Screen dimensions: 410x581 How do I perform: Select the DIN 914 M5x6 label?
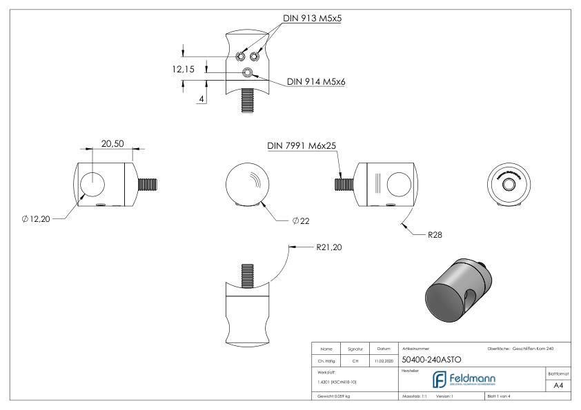coord(316,82)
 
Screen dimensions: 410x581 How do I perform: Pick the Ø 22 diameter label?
coord(300,221)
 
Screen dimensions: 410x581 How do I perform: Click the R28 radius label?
coord(435,235)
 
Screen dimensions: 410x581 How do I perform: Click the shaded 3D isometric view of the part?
coord(457,288)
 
